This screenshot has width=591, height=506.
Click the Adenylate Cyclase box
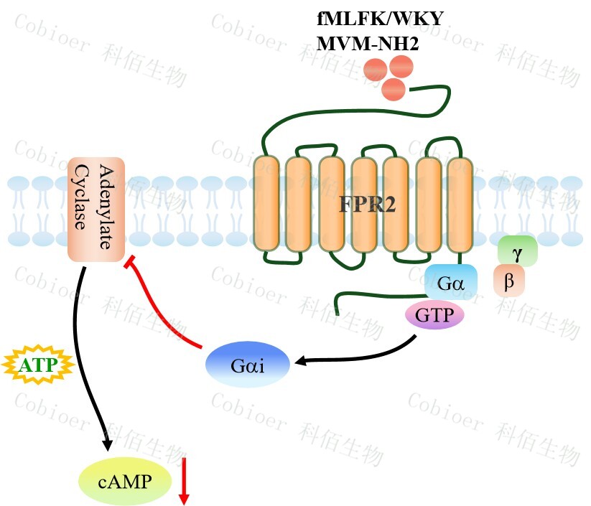96,210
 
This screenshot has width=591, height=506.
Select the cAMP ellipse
125,480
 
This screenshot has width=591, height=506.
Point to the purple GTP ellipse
435,314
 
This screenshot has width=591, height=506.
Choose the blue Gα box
450,282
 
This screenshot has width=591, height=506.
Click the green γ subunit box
517,251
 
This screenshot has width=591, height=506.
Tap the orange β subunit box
509,281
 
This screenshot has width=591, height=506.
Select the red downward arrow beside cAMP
184,479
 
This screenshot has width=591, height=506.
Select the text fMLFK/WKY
380,18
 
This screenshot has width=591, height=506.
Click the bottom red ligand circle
393,89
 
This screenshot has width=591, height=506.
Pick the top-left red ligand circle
375,70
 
